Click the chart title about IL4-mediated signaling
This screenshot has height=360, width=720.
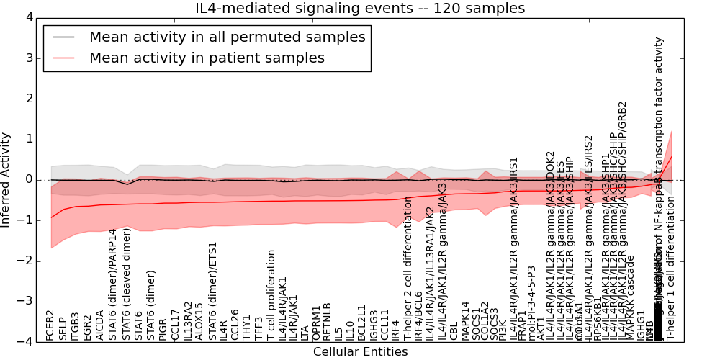(x=360, y=9)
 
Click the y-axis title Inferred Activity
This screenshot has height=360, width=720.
(x=6, y=179)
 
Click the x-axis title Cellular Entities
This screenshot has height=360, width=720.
(x=360, y=351)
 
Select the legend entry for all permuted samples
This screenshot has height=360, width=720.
(x=227, y=37)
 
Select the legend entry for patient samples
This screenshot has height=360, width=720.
(x=207, y=58)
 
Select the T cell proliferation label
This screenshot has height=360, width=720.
(x=271, y=295)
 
